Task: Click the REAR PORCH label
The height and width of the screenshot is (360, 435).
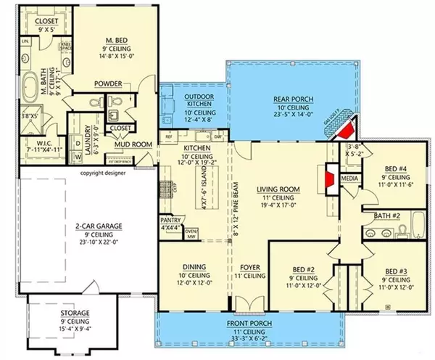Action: (292, 99)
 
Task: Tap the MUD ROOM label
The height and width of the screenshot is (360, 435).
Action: (135, 144)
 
